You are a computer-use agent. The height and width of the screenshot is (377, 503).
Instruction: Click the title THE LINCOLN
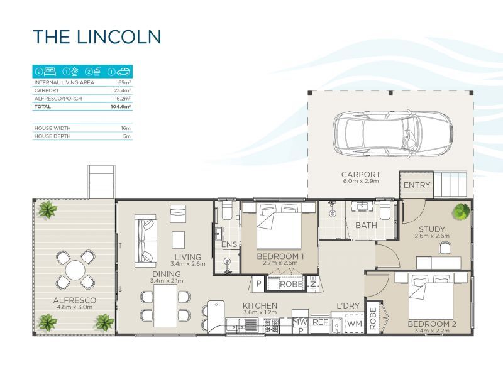[x=97, y=36]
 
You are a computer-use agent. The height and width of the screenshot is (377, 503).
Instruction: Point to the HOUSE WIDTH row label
[x=52, y=128]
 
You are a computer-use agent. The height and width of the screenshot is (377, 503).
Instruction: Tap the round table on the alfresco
[x=75, y=270]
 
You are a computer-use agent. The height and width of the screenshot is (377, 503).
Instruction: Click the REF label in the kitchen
[x=320, y=322]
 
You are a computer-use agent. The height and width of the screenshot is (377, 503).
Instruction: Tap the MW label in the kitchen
[x=301, y=322]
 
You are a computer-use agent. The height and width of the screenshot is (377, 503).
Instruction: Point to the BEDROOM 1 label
[x=280, y=257]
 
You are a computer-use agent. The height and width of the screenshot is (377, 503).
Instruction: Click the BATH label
[x=366, y=225]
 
